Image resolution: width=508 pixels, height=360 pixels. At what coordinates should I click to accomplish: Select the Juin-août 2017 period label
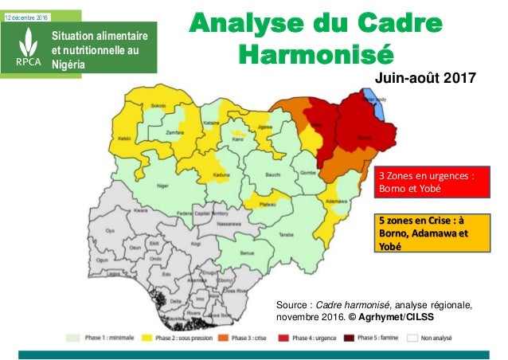[x=430, y=78]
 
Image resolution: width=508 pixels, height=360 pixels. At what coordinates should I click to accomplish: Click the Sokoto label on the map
[x=158, y=105]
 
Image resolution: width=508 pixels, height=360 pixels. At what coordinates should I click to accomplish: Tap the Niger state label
[x=162, y=186]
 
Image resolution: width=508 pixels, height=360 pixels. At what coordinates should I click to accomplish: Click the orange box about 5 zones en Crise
[x=424, y=233]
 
